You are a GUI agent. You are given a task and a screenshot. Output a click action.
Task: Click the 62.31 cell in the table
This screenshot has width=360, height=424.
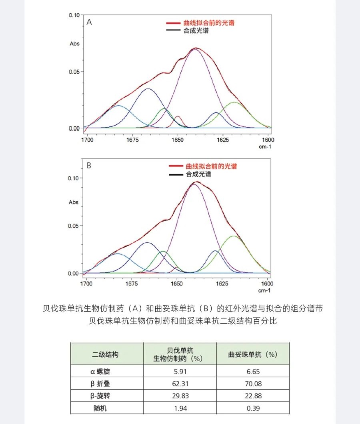pos(180,384)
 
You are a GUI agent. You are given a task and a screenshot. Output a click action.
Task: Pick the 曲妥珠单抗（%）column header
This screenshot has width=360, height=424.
pos(252,354)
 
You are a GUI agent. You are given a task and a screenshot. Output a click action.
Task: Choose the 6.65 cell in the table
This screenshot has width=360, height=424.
pos(252,371)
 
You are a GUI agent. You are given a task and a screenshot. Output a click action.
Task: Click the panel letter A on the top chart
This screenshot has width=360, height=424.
pos(89,22)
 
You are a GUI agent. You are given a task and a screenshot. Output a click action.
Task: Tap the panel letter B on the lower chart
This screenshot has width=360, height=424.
pos(89,165)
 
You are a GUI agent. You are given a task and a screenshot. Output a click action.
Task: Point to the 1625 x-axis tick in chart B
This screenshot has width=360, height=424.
pos(222,284)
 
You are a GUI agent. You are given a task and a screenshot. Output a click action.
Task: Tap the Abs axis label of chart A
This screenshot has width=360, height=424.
pos(75,44)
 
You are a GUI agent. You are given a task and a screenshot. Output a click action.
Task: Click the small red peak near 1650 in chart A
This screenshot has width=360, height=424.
pos(178,118)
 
